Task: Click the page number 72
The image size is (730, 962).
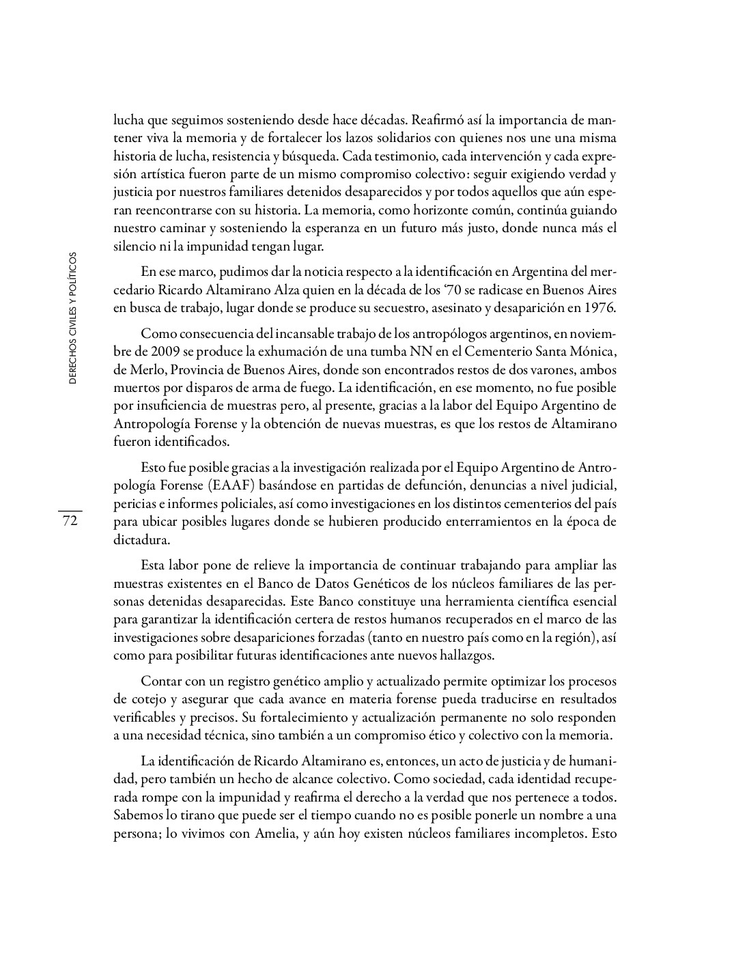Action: click(70, 522)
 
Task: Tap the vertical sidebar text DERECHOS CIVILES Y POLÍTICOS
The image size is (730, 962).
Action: click(72, 320)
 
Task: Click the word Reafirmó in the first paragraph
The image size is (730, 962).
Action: click(434, 120)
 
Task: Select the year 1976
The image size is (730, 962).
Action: click(601, 307)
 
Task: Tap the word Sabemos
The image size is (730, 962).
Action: click(136, 816)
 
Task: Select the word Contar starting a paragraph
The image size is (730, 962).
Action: click(161, 681)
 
